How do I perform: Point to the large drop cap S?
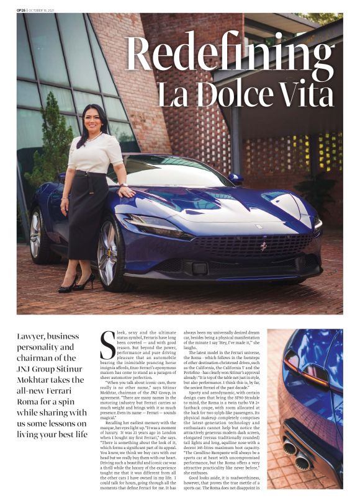107,348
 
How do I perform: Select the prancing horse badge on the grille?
264,246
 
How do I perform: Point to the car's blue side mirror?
235,179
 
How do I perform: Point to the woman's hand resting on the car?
127,191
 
